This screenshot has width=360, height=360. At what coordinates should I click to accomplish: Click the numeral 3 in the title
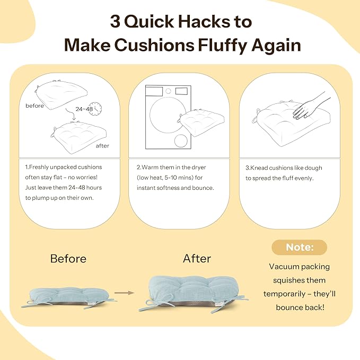[115, 21]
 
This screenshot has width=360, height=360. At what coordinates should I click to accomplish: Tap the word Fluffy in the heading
[223, 46]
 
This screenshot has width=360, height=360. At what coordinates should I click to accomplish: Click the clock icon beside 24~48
[95, 109]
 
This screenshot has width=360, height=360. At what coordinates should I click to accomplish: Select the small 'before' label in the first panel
[34, 106]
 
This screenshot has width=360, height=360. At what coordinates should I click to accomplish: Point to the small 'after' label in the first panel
[102, 146]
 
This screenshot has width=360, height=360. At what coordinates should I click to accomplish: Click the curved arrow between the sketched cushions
[71, 114]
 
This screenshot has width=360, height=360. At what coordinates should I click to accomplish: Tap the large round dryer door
[168, 115]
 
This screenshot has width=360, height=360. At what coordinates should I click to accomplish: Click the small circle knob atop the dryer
[168, 91]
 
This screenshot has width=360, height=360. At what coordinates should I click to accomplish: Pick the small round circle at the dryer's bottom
[181, 141]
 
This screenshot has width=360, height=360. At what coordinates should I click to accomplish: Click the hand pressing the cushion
[310, 106]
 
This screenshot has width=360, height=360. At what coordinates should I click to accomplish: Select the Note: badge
[300, 247]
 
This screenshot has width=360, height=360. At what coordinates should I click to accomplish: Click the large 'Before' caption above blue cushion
[68, 259]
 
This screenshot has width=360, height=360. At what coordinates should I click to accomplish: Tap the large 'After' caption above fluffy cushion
[197, 259]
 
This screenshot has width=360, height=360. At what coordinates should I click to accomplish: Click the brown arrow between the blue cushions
[124, 293]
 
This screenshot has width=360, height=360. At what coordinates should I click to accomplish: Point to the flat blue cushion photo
[68, 298]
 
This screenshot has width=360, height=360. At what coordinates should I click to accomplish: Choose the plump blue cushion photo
[194, 294]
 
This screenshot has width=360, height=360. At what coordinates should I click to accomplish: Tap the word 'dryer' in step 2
[199, 168]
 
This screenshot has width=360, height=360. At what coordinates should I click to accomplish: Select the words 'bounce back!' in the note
[300, 308]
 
